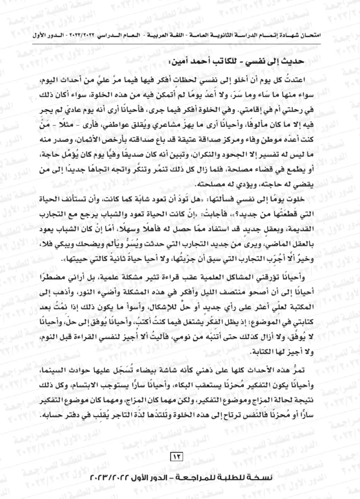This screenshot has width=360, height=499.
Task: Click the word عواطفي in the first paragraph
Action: coord(135,131)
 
